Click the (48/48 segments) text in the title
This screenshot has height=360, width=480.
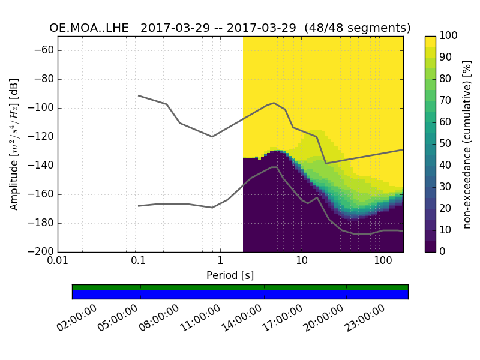[x=358, y=28]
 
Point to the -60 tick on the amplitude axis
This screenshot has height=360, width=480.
[x=45, y=50]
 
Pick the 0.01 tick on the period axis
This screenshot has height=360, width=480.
[x=58, y=262]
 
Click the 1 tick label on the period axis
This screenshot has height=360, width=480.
[x=220, y=262]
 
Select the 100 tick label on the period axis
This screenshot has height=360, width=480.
[x=382, y=262]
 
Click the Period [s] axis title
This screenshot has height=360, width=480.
[x=230, y=275]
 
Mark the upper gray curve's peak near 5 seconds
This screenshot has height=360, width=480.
[x=274, y=103]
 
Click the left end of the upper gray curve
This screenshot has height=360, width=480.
[x=139, y=95]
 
